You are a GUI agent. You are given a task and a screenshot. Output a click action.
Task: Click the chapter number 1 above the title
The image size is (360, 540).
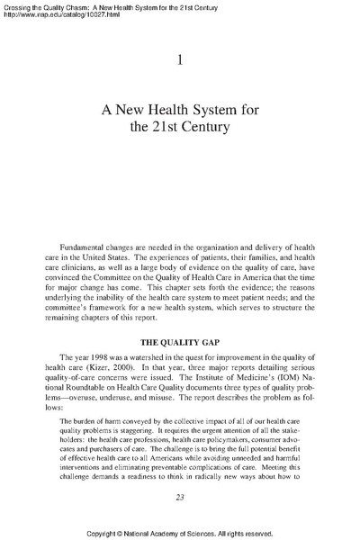click(x=180, y=59)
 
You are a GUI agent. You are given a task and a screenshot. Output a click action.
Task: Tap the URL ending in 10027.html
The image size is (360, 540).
click(x=56, y=15)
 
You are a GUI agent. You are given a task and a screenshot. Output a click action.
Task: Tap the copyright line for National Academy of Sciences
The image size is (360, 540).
click(x=179, y=532)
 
